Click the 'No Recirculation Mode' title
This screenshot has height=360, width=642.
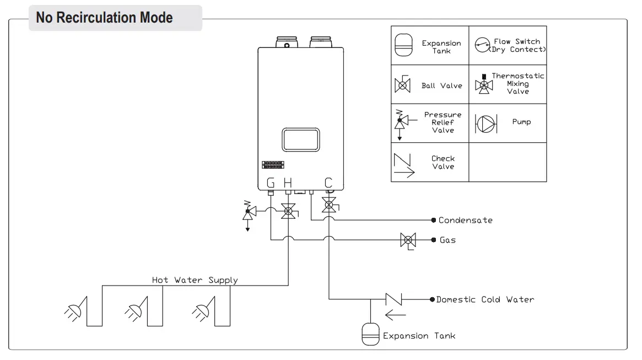coord(104,18)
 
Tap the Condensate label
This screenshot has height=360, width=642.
coord(465,220)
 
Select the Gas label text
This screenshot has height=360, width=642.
coord(447,240)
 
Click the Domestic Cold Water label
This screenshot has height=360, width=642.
coord(485,300)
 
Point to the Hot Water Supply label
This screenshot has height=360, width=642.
coord(195,280)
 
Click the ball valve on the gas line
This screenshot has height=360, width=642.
coord(408,240)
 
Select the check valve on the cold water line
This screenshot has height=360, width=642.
coord(393,299)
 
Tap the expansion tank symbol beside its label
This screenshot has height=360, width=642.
coord(370,334)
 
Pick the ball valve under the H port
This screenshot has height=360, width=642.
coord(288,210)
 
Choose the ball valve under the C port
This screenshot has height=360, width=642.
coord(330,206)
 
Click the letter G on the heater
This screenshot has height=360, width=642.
coord(271,182)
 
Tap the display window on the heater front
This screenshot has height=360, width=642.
coord(300,139)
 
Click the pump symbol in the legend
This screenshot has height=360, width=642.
coord(485,122)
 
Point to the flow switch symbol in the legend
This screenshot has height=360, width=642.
coord(483,45)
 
